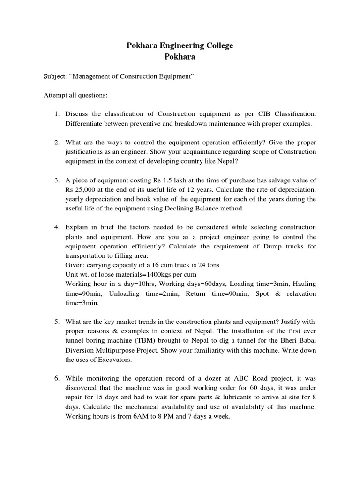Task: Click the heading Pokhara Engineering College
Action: coord(180,45)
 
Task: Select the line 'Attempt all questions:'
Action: coord(75,95)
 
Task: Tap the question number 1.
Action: coord(56,114)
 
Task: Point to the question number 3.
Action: coord(56,180)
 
